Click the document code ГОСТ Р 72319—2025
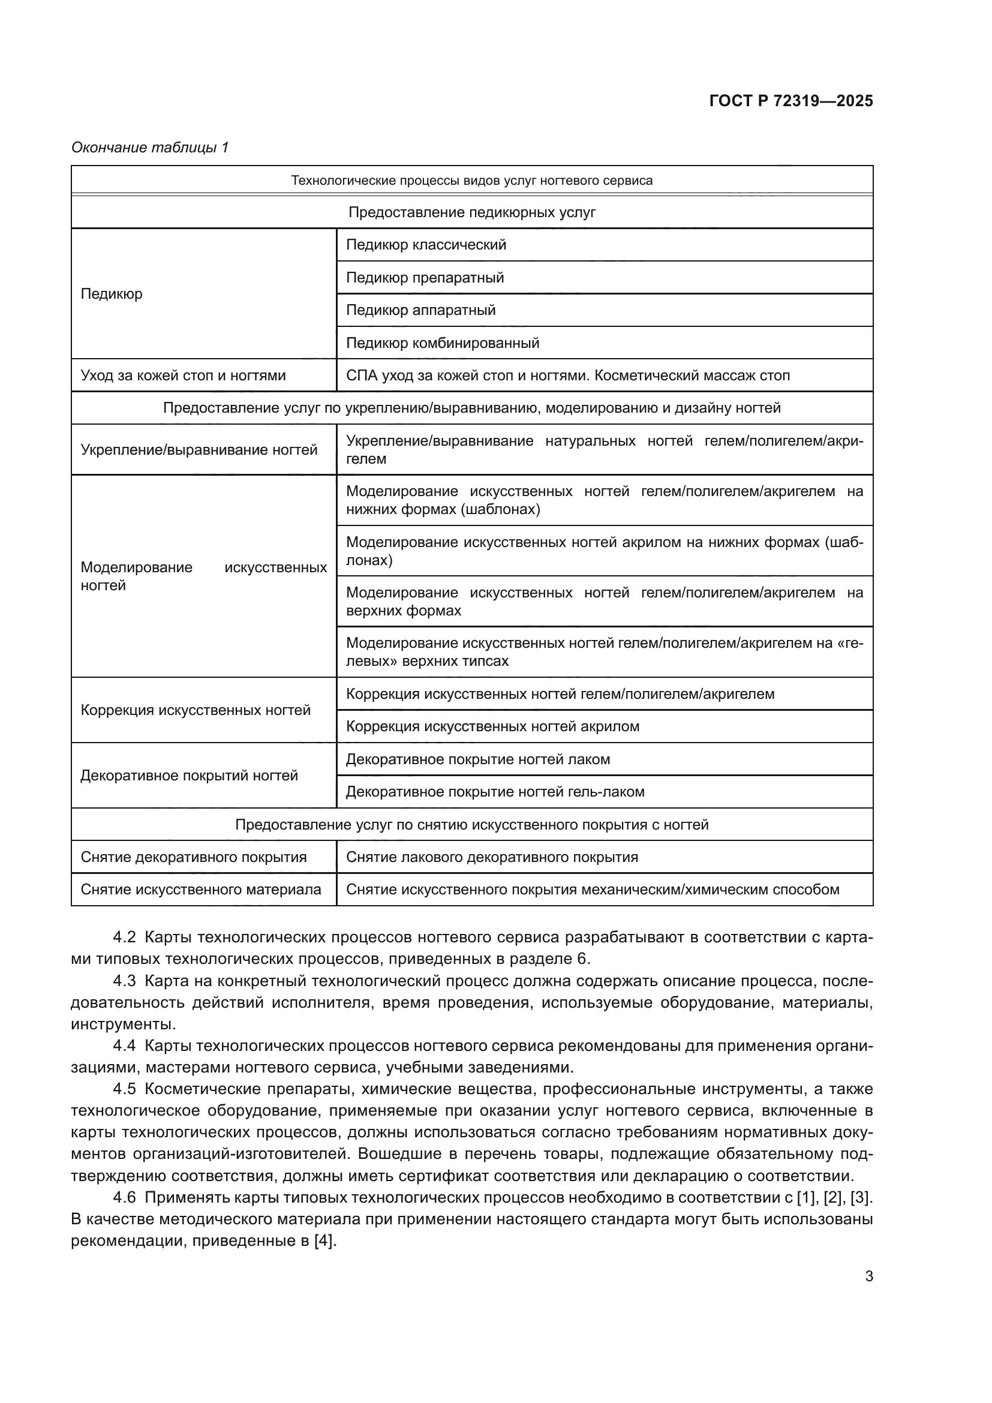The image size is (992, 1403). point(791,101)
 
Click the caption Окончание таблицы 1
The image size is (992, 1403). point(150,148)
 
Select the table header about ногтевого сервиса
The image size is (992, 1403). point(471,181)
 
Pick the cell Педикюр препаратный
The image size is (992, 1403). point(425,278)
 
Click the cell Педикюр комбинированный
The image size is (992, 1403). point(442,343)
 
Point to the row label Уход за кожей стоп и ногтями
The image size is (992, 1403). point(184,375)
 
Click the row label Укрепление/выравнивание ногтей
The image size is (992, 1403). point(199,450)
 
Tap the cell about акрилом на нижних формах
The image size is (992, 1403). point(604,551)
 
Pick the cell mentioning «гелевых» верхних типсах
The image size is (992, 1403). point(604,652)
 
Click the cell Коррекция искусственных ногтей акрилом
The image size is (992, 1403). point(492,726)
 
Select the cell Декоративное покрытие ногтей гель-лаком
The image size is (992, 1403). point(495,792)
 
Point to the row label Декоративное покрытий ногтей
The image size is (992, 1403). point(190,776)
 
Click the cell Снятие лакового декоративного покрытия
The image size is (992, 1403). point(492,857)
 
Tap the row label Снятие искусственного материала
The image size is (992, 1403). point(201,890)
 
